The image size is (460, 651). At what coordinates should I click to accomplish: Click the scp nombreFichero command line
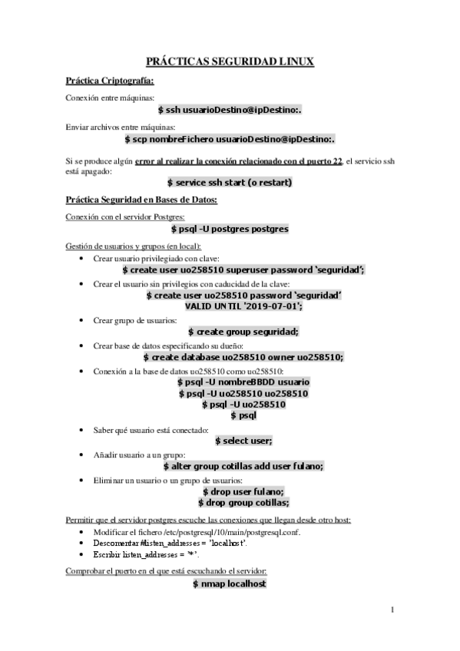click(x=230, y=140)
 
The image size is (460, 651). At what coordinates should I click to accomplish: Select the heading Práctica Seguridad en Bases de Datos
click(x=142, y=201)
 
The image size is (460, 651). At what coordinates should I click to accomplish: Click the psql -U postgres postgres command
click(x=230, y=229)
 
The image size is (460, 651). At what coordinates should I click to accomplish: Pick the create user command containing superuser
click(x=243, y=270)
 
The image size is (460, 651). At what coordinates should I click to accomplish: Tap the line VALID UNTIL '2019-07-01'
click(x=243, y=306)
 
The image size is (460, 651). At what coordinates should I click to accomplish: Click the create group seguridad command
click(x=243, y=331)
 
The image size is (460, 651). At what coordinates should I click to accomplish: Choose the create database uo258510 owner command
click(x=243, y=357)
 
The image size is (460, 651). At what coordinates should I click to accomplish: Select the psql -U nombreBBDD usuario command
click(x=243, y=382)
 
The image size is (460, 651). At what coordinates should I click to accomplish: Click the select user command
click(x=243, y=441)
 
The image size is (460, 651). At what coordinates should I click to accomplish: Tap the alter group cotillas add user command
click(x=243, y=466)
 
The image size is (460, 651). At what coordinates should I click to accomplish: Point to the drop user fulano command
click(x=243, y=491)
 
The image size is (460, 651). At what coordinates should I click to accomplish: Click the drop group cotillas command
click(x=243, y=503)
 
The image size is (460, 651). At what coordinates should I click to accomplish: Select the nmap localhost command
click(x=230, y=584)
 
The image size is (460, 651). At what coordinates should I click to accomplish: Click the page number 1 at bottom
click(x=392, y=610)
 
